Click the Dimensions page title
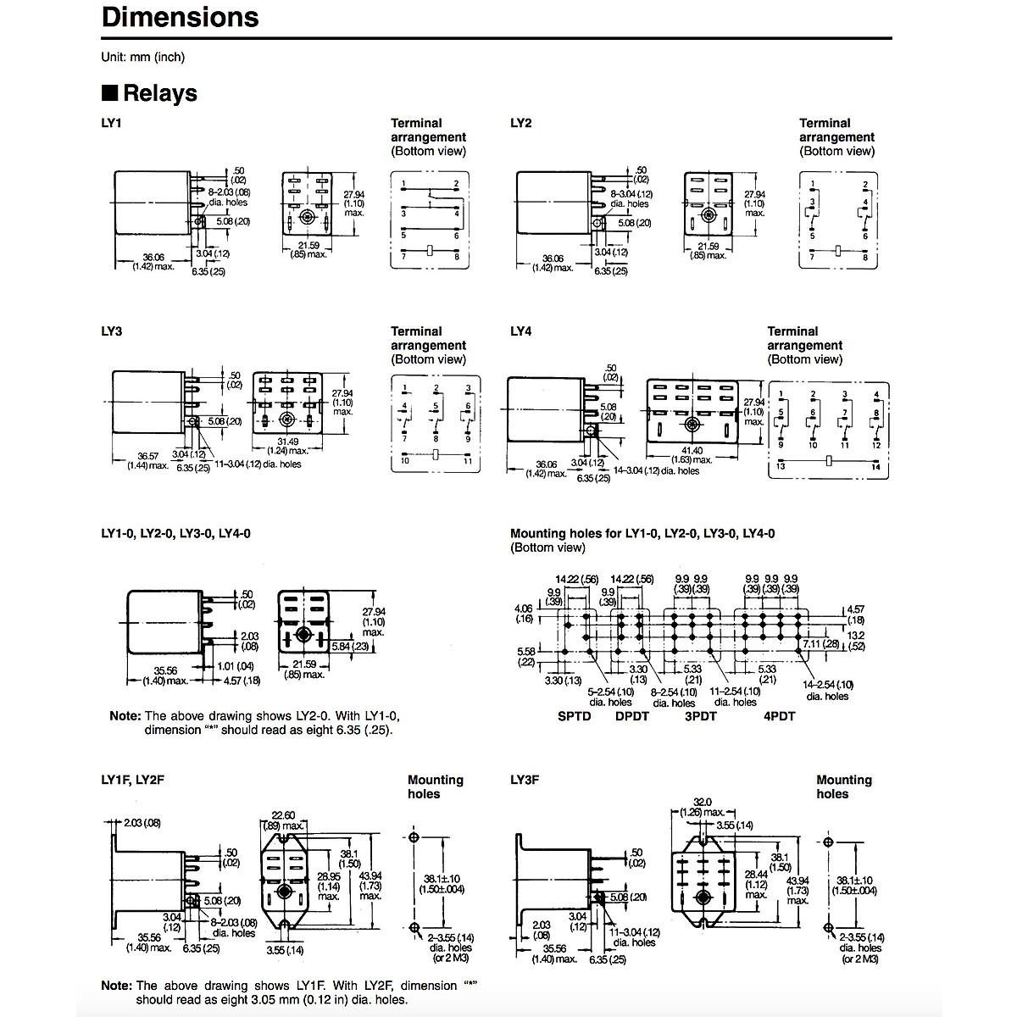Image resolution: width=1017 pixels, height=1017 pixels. tap(180, 18)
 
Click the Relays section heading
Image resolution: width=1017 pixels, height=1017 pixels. tap(159, 93)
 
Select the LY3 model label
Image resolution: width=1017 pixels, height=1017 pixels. tap(111, 331)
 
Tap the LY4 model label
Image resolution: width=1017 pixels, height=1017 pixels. tap(520, 331)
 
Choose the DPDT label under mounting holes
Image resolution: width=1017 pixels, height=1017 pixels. tap(632, 716)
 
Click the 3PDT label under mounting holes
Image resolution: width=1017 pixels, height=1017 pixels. tap(700, 716)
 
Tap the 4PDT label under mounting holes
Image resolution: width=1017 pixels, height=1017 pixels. tap(780, 716)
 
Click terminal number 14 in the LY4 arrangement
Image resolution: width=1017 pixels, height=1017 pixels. tap(876, 468)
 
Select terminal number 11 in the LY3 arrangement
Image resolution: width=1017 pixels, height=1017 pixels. tap(467, 460)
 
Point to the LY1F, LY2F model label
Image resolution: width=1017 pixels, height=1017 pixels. tap(132, 780)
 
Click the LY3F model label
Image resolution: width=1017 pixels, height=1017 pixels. tap(525, 780)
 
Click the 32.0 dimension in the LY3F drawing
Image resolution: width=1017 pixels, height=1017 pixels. tap(703, 802)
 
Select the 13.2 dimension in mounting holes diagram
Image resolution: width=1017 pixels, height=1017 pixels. tap(856, 635)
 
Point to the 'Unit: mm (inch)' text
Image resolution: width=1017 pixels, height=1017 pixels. tap(142, 57)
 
